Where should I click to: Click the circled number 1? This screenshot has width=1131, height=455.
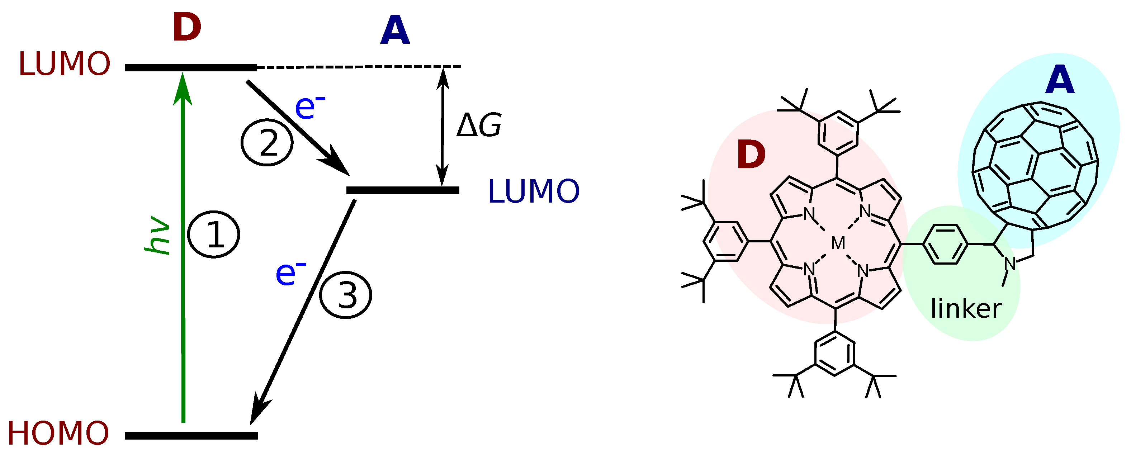point(214,234)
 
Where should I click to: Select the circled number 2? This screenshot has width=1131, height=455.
point(267,143)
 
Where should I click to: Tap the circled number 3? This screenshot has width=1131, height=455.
point(346,295)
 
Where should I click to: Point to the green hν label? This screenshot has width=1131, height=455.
point(157,234)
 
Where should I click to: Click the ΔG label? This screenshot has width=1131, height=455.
point(479,125)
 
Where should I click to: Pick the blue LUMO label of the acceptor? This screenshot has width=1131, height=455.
point(534,191)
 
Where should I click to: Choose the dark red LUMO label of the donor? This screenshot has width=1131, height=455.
point(64,64)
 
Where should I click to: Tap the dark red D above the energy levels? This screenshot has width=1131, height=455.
point(186,27)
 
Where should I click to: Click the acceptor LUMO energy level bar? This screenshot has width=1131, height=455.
point(403,190)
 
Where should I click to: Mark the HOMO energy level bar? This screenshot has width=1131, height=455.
point(191,436)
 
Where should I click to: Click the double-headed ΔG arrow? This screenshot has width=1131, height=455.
point(443,127)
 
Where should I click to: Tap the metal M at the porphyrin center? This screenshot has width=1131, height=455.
point(838,243)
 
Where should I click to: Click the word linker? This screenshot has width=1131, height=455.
point(966,309)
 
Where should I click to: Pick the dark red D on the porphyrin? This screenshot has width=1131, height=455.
point(751,155)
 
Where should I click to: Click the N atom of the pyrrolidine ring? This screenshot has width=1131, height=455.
point(1010,264)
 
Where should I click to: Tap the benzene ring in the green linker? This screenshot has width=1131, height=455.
point(945,244)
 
